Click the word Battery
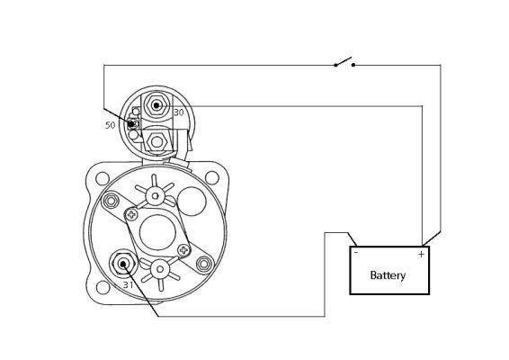pos(388,275)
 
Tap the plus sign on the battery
pos(421,254)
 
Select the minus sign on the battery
pos(356,253)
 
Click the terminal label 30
pos(179,112)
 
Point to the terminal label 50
pos(110,125)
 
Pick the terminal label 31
pos(128,285)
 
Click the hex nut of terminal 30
pos(156,105)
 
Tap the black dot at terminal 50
pos(131,124)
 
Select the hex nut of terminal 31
pos(122,264)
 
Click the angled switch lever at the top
pos(344,61)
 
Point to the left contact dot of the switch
pos(335,65)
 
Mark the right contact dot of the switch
pos(353,65)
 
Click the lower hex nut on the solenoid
pos(156,141)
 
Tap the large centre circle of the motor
pos(157,232)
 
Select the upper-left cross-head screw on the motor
pos(131,214)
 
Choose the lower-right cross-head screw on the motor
pos(183,249)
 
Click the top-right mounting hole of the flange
pos(212,177)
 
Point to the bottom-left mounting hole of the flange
pos(103,287)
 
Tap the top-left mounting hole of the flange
pos(103,178)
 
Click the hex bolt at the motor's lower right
pos(204,264)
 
